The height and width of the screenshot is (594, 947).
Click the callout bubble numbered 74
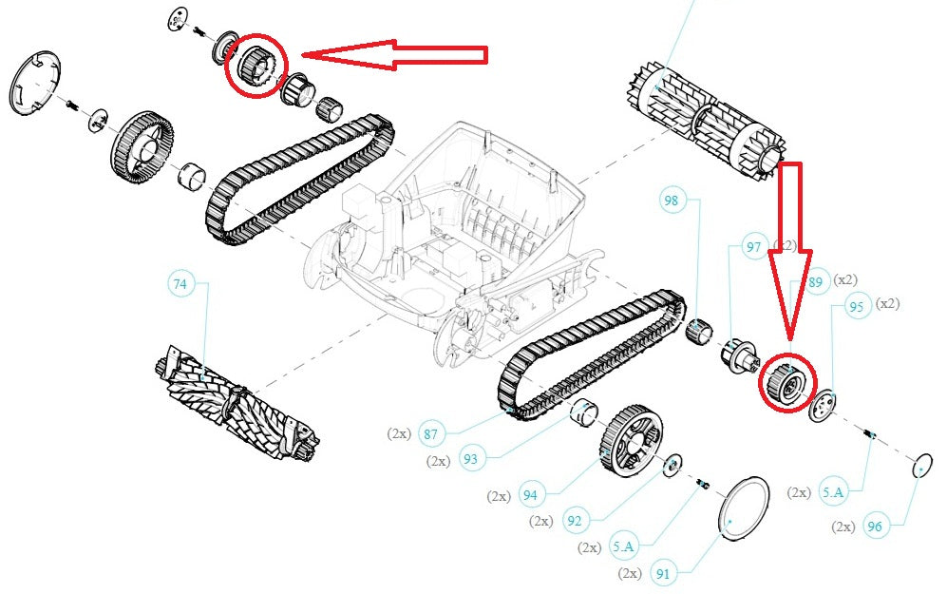point(180,283)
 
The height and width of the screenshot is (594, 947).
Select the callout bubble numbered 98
point(672,201)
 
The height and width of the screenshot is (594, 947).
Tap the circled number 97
point(754,248)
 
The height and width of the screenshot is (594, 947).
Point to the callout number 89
point(815,281)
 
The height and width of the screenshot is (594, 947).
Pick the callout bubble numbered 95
point(856,306)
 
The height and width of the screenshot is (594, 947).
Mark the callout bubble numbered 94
point(530,495)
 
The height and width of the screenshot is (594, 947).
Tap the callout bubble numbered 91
point(663,573)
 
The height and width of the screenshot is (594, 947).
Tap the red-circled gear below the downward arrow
point(787,382)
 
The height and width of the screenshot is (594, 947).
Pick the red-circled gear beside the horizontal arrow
point(255,65)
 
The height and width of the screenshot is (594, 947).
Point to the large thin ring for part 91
point(742,508)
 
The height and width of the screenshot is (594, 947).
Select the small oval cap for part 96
point(919,467)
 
